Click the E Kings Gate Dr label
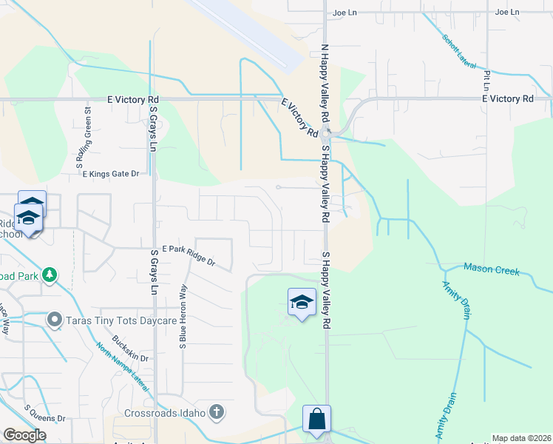[111, 174]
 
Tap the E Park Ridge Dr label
[189, 255]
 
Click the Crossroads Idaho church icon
[217, 412]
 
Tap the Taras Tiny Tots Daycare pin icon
[54, 321]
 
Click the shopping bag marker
[316, 418]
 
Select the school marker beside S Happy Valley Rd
[302, 302]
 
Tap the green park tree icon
[50, 275]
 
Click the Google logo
[24, 435]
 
